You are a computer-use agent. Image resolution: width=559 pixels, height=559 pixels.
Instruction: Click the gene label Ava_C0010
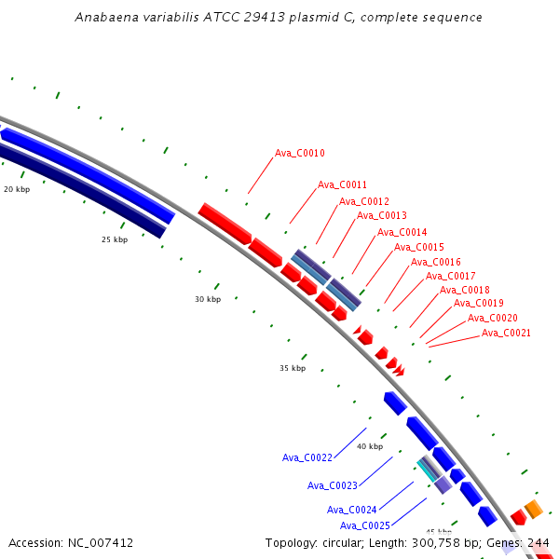[300, 154]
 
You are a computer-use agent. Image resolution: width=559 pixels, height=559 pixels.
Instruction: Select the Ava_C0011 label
[342, 184]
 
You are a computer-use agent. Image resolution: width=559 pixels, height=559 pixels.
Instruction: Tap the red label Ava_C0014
[402, 232]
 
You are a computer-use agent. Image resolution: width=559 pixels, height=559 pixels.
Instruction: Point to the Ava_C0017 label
[451, 276]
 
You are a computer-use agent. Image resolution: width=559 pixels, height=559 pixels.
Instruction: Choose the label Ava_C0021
[506, 333]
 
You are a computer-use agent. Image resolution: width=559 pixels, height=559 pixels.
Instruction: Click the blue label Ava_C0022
[307, 457]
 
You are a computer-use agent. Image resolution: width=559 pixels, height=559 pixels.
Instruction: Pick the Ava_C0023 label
[333, 485]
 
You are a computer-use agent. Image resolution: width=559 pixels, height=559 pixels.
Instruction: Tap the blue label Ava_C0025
[365, 525]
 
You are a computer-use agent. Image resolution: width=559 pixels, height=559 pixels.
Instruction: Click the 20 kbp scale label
[17, 189]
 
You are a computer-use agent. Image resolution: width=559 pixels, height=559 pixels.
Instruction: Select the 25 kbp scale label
[115, 239]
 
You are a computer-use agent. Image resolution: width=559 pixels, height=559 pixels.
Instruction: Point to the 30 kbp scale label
[208, 299]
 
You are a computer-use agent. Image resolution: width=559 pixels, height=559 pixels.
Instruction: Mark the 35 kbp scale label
[293, 368]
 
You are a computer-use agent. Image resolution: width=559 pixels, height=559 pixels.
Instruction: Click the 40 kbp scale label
[370, 446]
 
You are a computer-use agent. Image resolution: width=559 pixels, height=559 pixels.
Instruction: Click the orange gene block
[534, 509]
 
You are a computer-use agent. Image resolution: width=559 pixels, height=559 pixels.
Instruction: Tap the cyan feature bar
[427, 470]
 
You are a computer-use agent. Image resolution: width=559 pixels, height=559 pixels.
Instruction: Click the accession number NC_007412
[101, 543]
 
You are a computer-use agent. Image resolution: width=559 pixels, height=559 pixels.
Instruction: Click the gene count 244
[539, 543]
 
